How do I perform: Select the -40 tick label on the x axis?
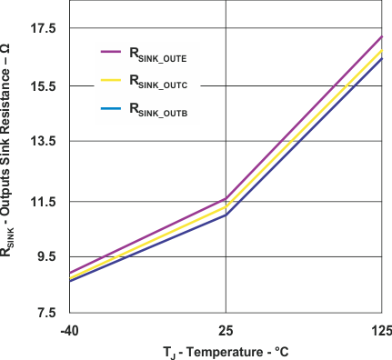coord(69,328)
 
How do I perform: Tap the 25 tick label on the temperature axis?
coord(225,328)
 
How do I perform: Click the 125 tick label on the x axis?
coord(381,328)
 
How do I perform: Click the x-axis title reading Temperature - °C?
coord(226,351)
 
